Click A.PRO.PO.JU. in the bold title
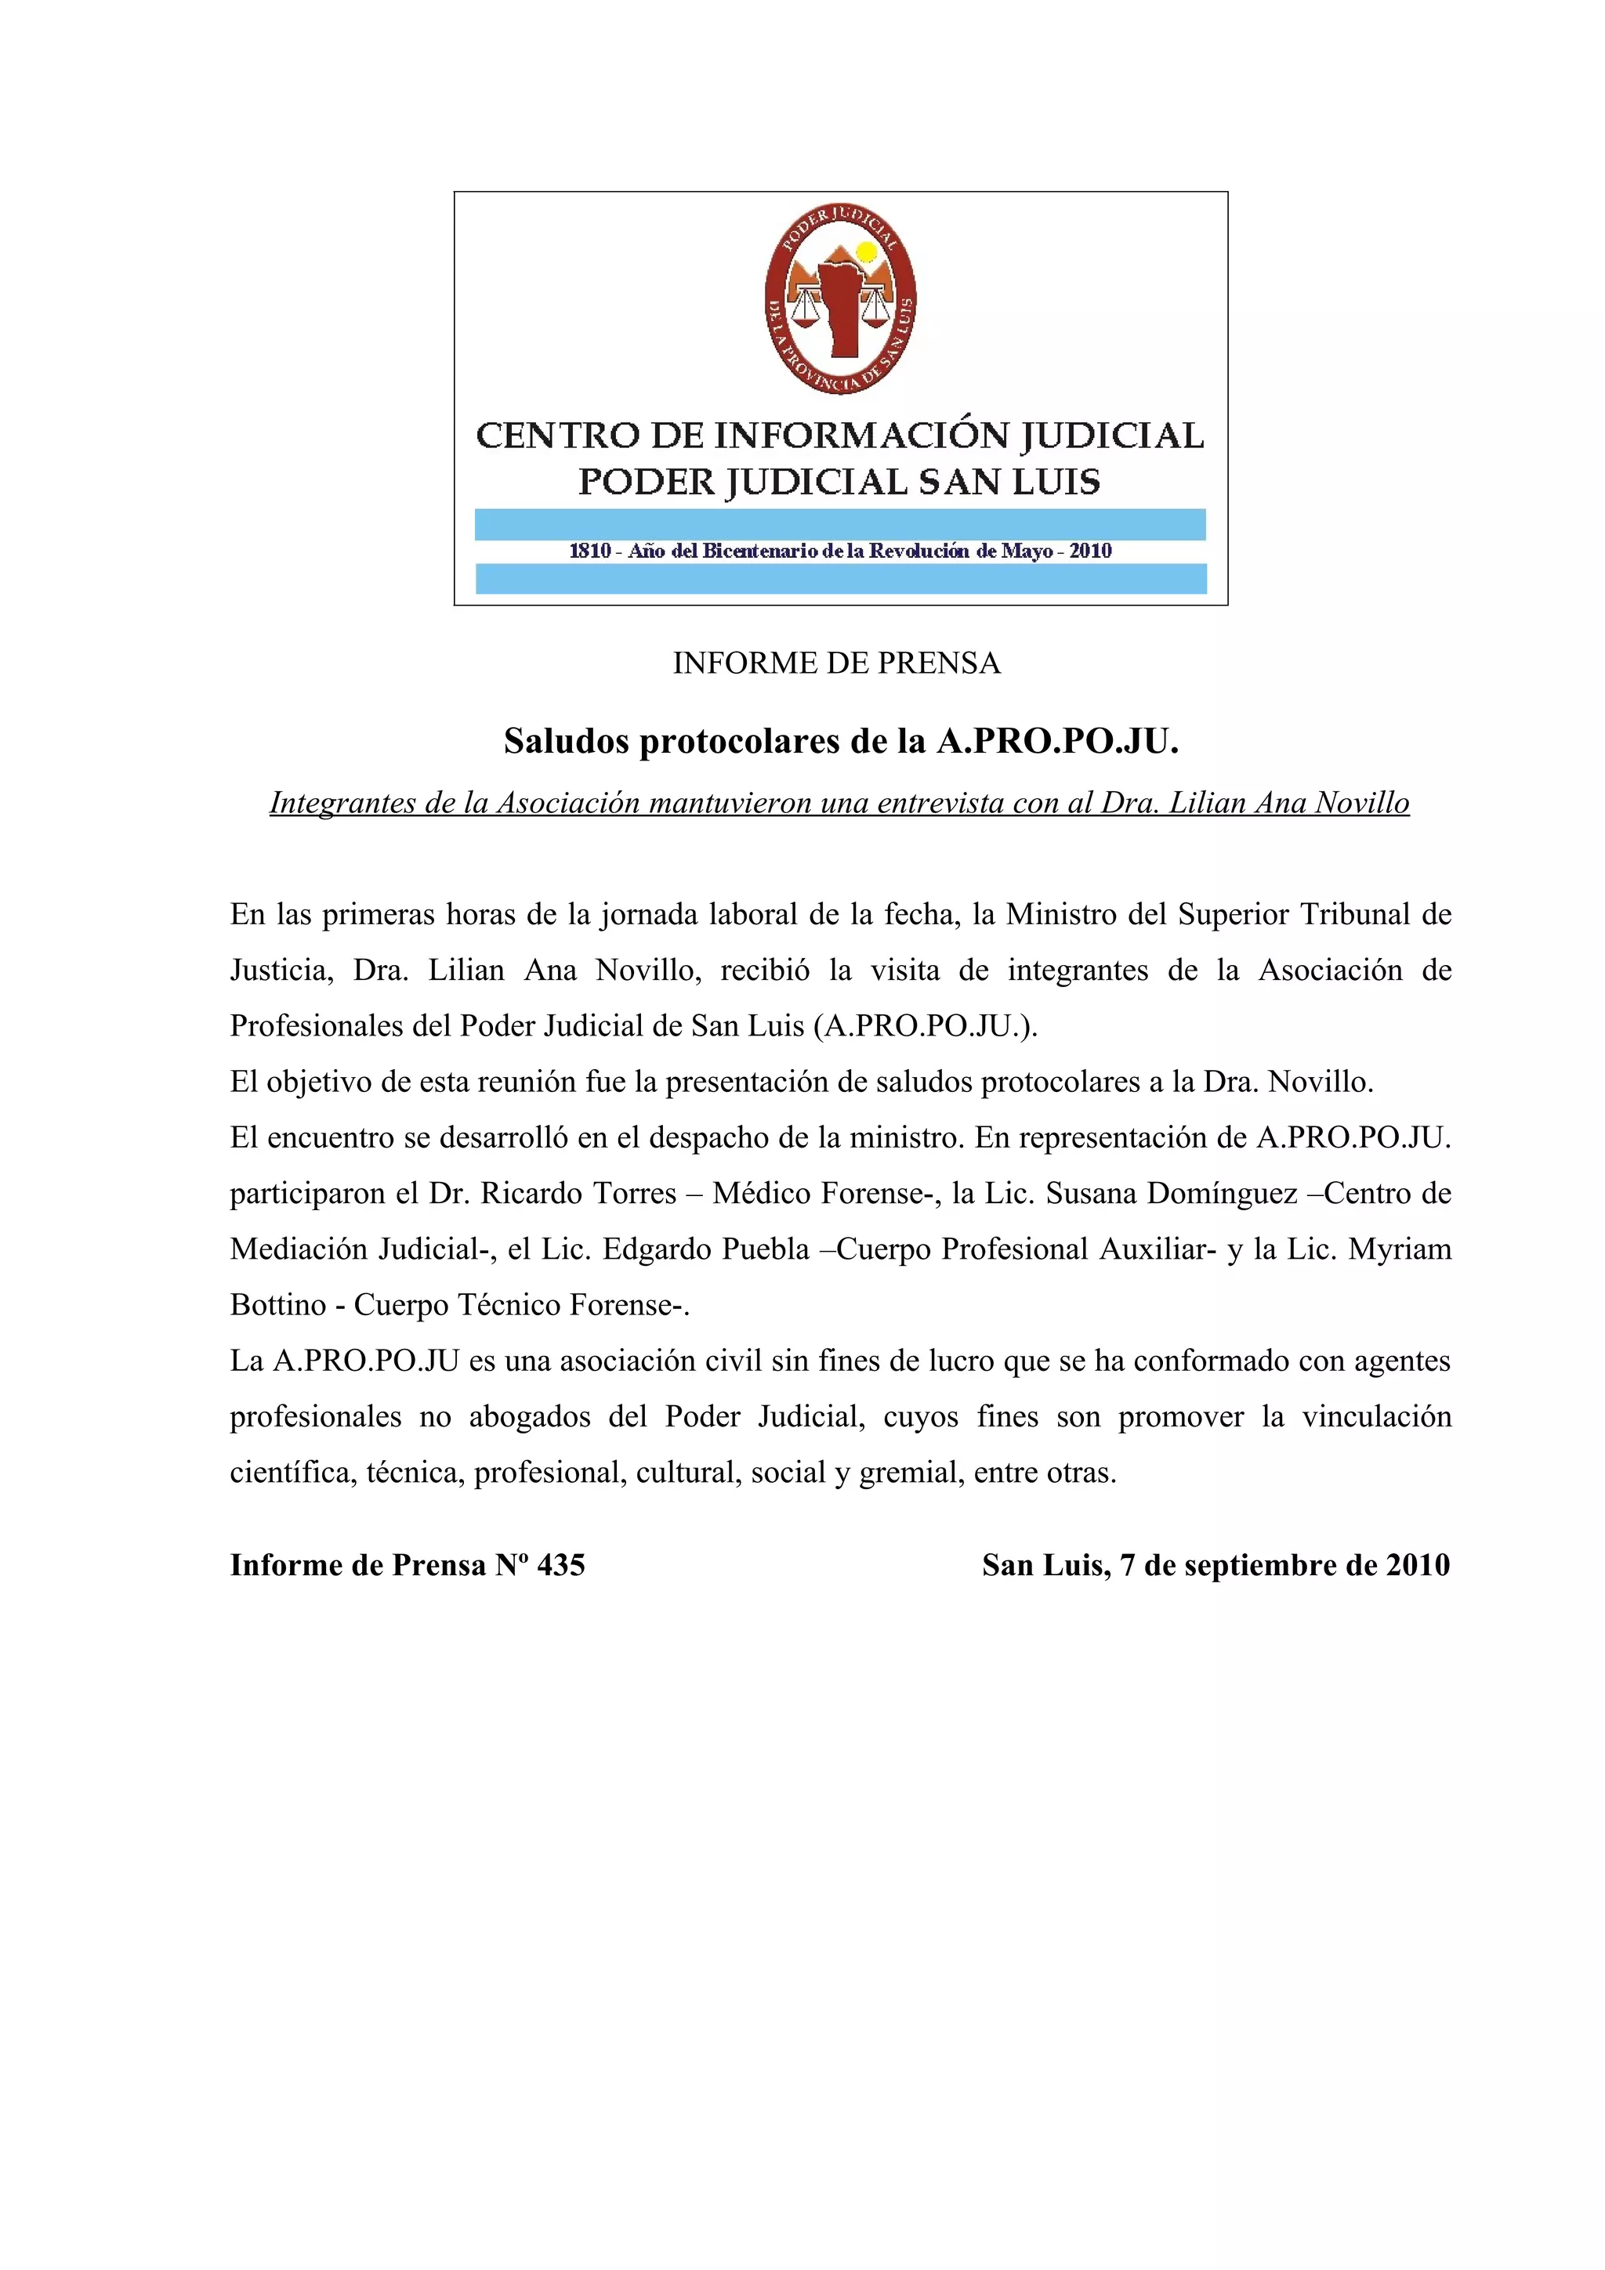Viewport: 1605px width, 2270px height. tap(1057, 742)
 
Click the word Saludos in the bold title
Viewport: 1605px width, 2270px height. tap(567, 742)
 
